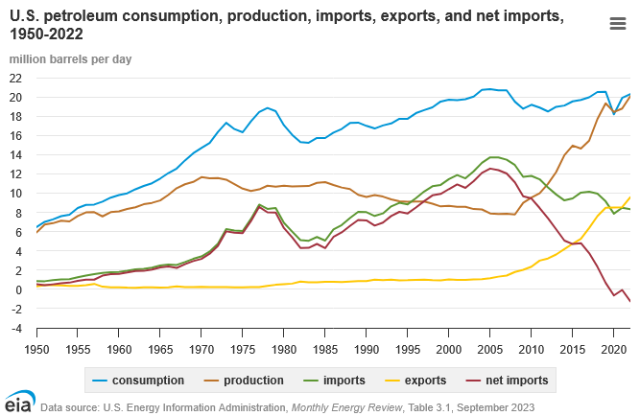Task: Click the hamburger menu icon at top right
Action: point(618,25)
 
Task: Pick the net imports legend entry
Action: point(522,381)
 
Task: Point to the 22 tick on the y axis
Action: point(15,79)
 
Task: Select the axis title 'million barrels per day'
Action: point(71,58)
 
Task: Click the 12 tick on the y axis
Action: point(15,174)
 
